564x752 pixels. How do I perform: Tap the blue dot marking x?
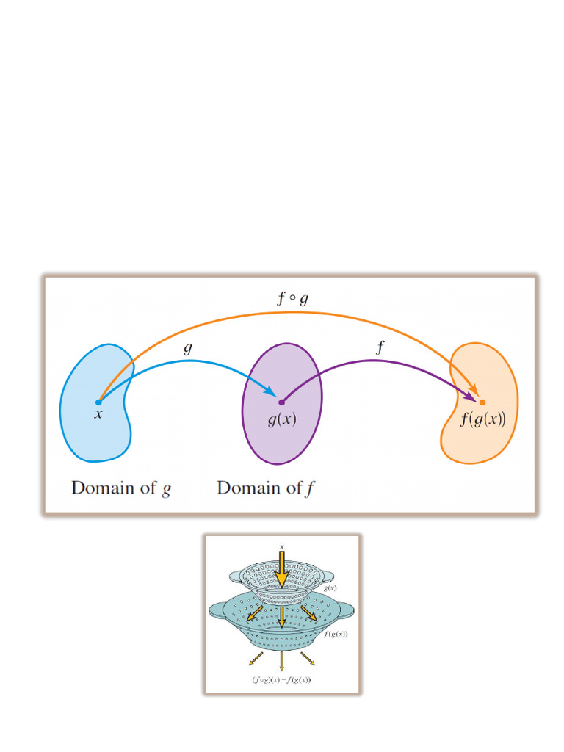[98, 402]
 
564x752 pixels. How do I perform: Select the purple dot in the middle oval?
[281, 402]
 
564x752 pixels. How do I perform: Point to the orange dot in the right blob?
[482, 402]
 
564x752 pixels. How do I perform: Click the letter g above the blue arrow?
[188, 349]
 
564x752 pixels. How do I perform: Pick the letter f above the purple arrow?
[379, 349]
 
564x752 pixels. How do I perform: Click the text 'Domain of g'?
[121, 488]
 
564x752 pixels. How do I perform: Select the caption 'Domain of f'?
[266, 488]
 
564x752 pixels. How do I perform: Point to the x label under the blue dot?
[98, 415]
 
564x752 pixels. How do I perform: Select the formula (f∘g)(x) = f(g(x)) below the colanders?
[281, 679]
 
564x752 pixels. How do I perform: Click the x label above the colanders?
[281, 546]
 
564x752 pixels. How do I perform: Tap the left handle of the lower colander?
[217, 609]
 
